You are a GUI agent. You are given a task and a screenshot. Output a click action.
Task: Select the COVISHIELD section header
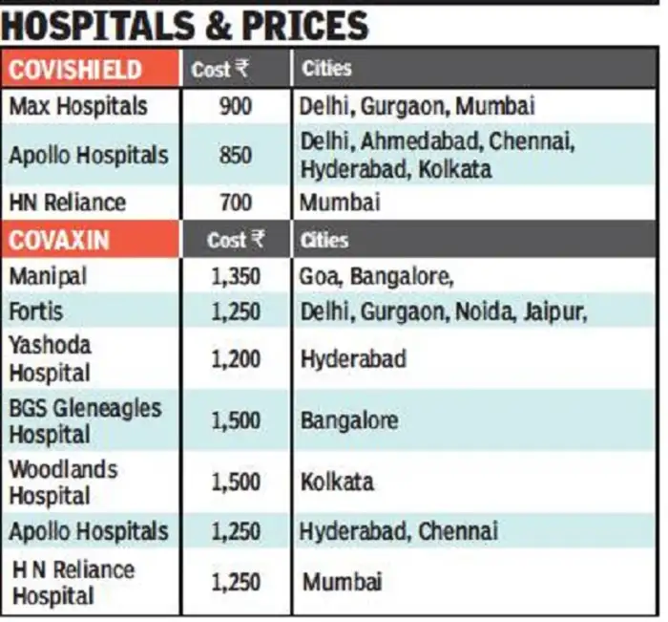click(76, 70)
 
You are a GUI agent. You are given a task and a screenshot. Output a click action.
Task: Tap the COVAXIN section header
click(63, 240)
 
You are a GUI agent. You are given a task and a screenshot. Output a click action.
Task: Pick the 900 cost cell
click(235, 105)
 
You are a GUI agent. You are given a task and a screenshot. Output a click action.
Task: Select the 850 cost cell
click(235, 155)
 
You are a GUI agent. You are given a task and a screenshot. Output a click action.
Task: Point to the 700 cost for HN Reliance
click(235, 203)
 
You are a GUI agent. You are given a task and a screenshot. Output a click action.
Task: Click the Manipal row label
click(48, 276)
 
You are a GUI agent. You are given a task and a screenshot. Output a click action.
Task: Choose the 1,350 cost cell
click(235, 277)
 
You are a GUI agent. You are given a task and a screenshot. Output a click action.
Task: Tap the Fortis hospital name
click(37, 311)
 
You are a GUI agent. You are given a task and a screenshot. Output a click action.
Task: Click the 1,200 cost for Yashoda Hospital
click(235, 359)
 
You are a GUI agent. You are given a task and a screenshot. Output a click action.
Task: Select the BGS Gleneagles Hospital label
click(85, 420)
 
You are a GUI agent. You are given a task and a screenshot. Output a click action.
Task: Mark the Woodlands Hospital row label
click(63, 482)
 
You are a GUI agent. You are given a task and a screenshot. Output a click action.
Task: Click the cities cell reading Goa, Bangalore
click(376, 277)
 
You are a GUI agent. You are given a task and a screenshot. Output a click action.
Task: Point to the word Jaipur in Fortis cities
click(547, 311)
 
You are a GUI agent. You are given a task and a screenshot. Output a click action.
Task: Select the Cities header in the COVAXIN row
click(325, 240)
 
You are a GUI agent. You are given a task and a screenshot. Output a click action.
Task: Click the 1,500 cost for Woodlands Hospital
click(235, 482)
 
